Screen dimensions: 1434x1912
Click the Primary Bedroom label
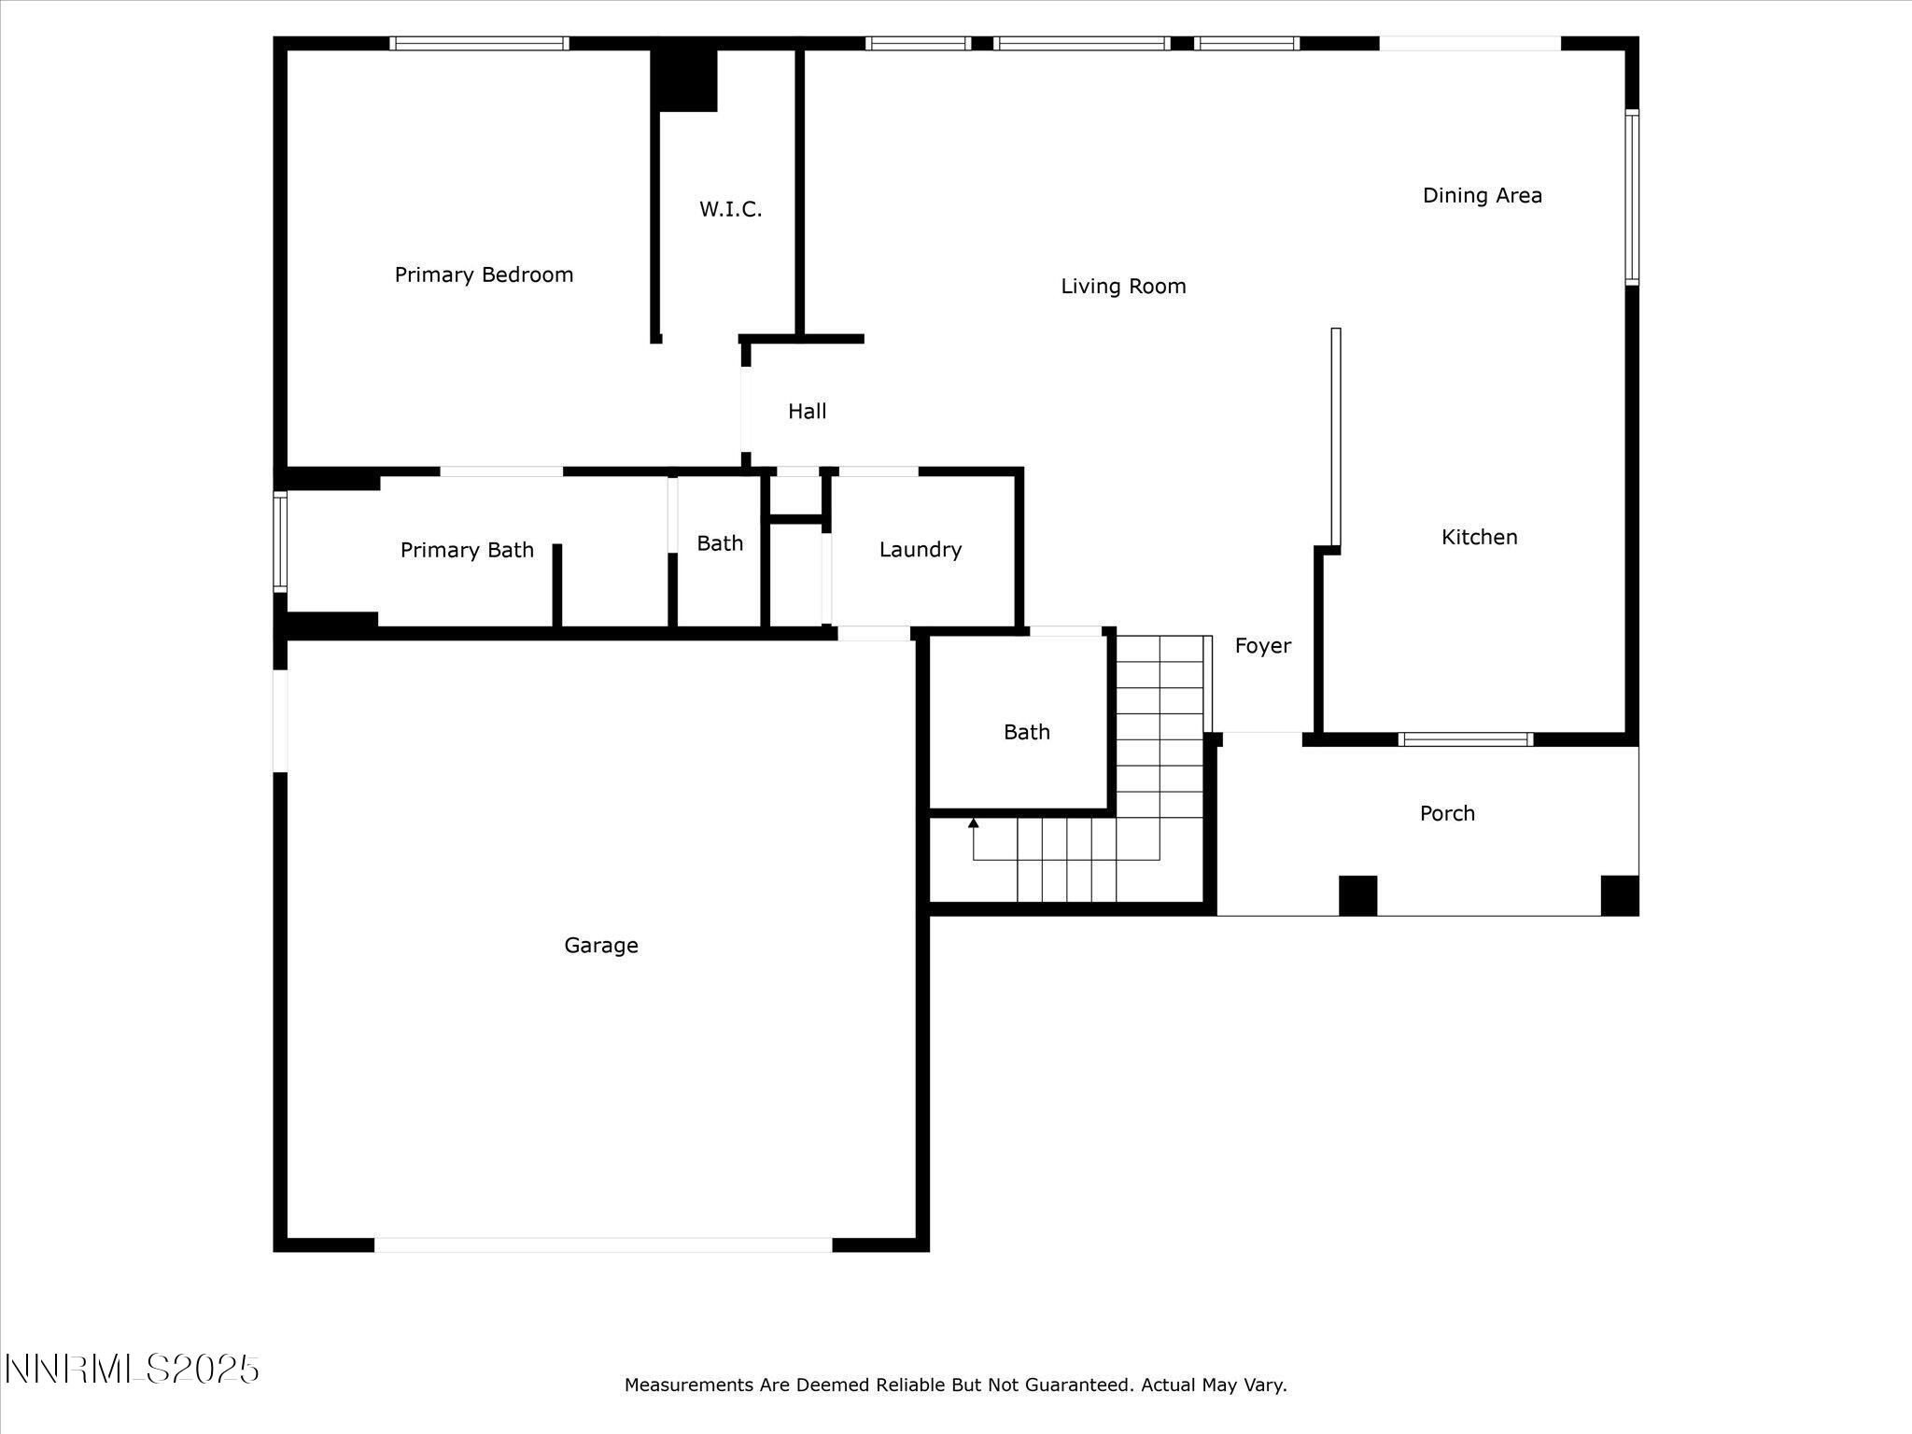point(484,274)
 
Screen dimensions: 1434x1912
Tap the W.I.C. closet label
point(730,209)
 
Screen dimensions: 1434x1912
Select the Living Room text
point(1123,287)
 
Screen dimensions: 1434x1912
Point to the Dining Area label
point(1482,195)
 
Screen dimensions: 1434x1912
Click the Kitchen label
point(1479,537)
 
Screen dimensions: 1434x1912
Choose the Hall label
point(807,411)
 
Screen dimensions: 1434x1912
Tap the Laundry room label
point(920,550)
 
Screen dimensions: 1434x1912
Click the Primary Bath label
point(467,550)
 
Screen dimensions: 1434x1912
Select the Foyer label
point(1262,645)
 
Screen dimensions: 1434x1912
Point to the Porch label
point(1447,813)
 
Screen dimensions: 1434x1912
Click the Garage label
point(601,945)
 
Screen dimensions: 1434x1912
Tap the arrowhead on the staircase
point(974,822)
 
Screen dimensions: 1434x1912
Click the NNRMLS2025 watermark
point(132,1370)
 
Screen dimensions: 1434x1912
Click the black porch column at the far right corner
point(1619,895)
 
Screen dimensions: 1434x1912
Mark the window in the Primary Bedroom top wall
point(479,43)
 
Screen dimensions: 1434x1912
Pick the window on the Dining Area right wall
point(1632,196)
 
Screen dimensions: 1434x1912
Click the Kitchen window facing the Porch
point(1466,739)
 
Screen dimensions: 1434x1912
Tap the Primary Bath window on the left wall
point(280,541)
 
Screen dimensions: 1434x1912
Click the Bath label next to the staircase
point(1026,732)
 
